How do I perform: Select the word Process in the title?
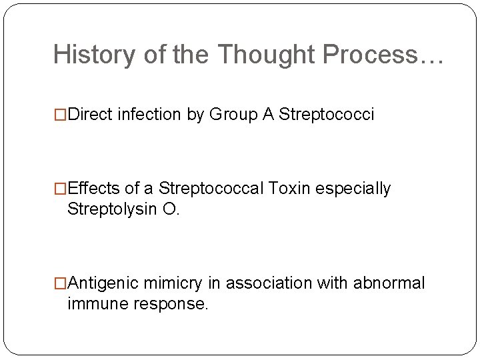pyautogui.click(x=371, y=55)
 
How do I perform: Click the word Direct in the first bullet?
pyautogui.click(x=90, y=115)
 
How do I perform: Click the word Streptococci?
pyautogui.click(x=327, y=115)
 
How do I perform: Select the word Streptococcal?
pyautogui.click(x=211, y=189)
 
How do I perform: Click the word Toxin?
pyautogui.click(x=290, y=189)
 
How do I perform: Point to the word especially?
pyautogui.click(x=353, y=189)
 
